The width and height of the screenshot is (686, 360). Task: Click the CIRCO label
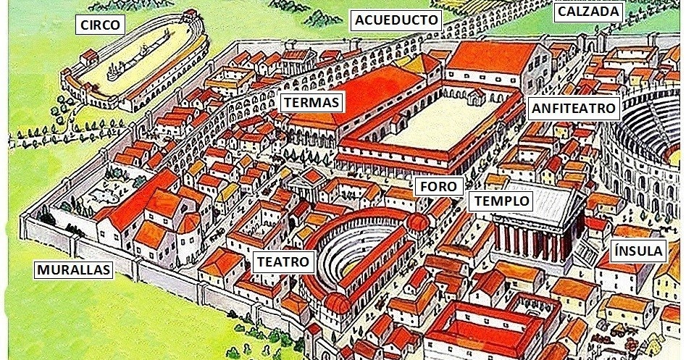pos(100,25)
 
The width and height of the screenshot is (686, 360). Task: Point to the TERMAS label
pos(311,102)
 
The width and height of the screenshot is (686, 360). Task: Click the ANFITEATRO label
pos(573,109)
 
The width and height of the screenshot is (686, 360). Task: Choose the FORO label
pos(438,186)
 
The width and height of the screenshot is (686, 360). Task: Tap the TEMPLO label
pos(502,201)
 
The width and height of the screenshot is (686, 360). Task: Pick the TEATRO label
pos(283,261)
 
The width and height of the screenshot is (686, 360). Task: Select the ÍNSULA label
pos(637,251)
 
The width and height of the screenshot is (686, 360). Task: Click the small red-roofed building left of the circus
pos(91,56)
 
